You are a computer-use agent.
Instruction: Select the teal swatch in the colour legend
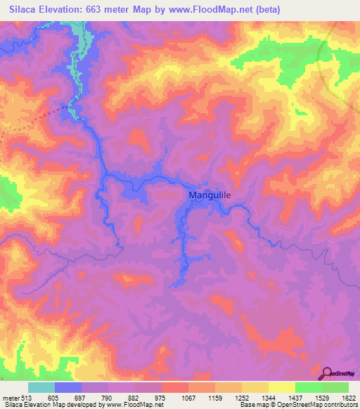pyautogui.click(x=41, y=387)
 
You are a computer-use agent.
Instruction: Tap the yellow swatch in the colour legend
pyautogui.click(x=281, y=387)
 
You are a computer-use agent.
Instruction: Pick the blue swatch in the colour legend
pyautogui.click(x=68, y=387)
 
